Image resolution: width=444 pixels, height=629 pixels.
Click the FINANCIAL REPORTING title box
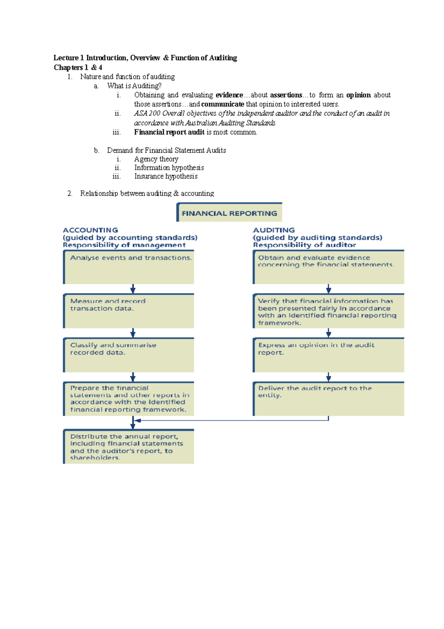[229, 213]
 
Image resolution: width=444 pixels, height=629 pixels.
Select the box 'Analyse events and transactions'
[129, 267]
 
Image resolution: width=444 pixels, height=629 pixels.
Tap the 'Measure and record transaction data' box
[129, 311]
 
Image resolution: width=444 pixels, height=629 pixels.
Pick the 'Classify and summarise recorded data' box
[129, 355]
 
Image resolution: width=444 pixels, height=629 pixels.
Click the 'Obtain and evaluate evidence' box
[329, 267]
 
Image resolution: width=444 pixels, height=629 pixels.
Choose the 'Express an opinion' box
[329, 355]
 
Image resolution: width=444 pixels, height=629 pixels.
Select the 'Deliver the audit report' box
[329, 399]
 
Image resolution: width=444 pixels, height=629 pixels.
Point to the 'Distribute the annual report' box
[129, 446]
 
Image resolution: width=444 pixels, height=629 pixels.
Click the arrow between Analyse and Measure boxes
[133, 289]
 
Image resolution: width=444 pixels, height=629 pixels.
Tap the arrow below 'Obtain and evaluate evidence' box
[329, 289]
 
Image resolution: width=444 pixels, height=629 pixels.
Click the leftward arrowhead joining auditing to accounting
[138, 420]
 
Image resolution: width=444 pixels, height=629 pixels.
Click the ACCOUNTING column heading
[91, 230]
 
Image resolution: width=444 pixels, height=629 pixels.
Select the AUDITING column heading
[274, 230]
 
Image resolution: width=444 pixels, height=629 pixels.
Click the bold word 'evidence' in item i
[229, 95]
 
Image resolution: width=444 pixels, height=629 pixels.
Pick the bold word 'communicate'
[222, 104]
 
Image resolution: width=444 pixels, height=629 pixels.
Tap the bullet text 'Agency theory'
[156, 159]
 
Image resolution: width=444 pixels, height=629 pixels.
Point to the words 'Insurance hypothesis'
[166, 176]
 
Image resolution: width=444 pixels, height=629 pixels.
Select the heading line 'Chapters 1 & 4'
[78, 67]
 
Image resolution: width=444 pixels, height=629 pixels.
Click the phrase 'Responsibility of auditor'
[305, 245]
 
